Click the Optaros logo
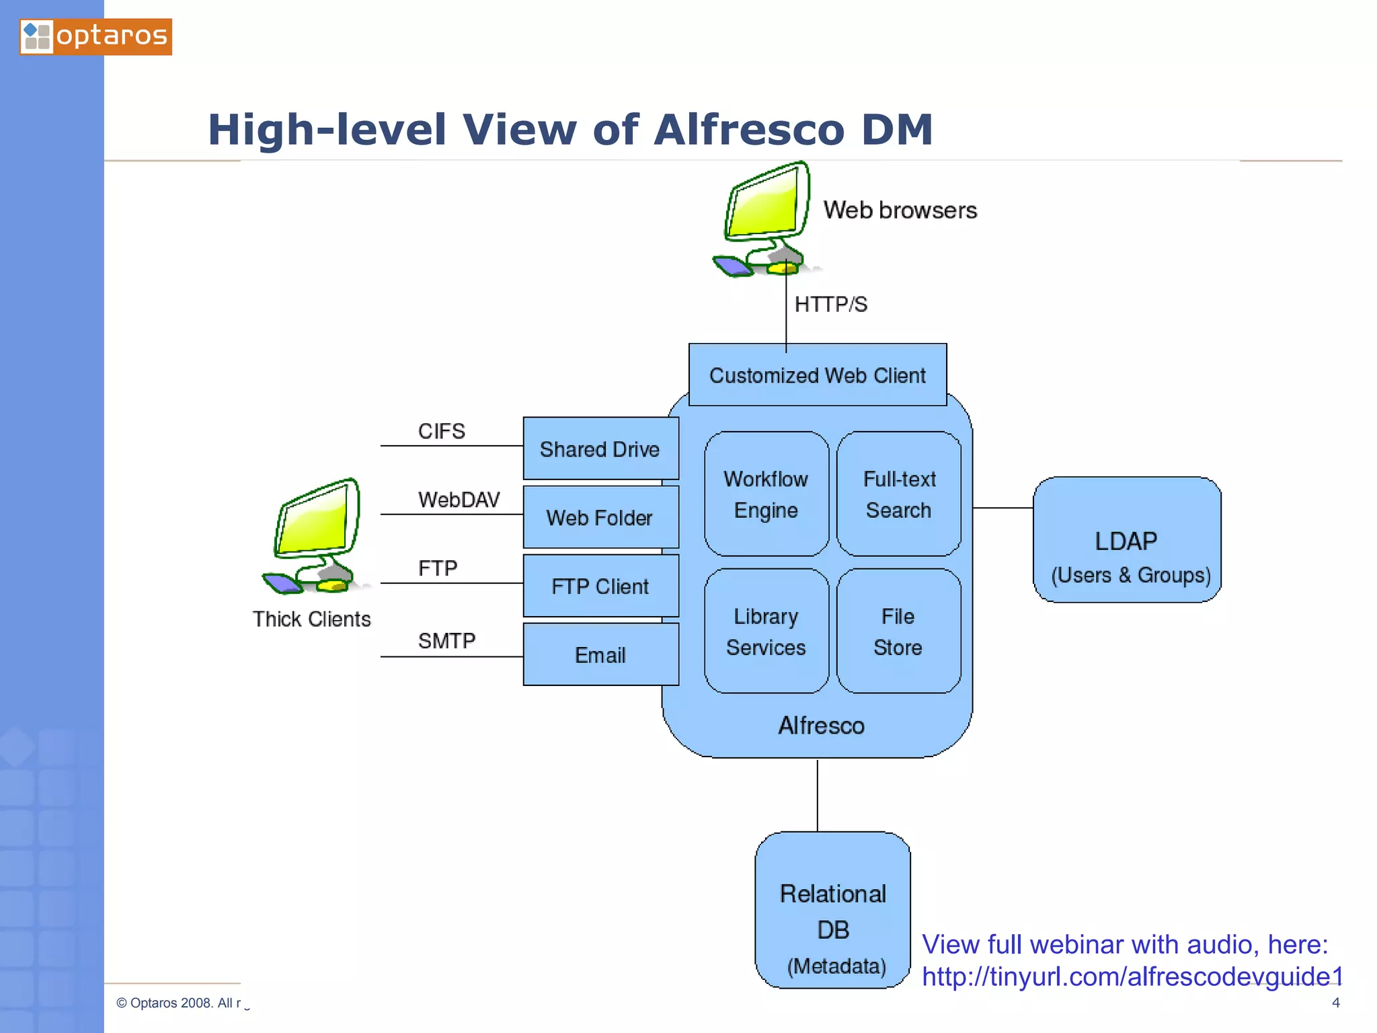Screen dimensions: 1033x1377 95,36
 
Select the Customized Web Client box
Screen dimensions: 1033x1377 817,375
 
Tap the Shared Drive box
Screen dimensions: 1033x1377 600,449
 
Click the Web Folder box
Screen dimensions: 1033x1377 600,517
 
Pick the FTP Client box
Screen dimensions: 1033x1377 600,586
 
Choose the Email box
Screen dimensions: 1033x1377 600,654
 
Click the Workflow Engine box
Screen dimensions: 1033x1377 766,494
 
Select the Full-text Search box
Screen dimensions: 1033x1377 899,494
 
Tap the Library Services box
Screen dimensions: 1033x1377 766,631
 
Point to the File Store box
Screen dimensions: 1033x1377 898,631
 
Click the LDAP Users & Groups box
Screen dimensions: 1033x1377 1127,540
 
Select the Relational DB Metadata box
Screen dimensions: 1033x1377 832,910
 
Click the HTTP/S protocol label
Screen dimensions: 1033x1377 831,305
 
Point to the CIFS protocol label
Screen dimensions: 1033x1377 441,431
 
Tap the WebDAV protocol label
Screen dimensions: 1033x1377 459,500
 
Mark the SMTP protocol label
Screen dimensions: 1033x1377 446,641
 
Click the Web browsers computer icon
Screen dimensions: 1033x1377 765,219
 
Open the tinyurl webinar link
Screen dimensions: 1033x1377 1132,977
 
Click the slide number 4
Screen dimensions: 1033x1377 1335,1003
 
